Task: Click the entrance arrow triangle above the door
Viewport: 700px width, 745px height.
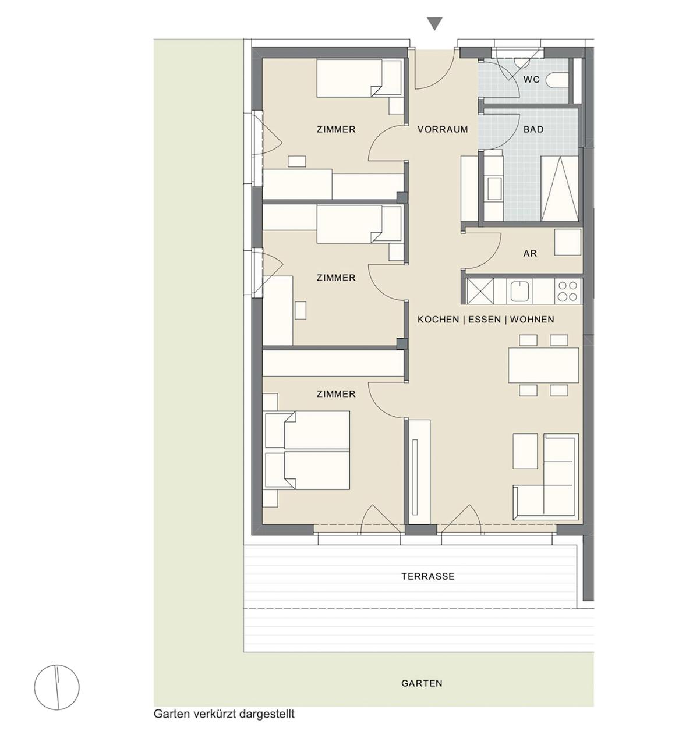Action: [x=435, y=23]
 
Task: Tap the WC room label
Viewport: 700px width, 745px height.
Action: [x=532, y=80]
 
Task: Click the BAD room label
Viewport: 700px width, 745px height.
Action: [x=533, y=129]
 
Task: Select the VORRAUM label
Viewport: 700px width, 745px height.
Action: [x=443, y=129]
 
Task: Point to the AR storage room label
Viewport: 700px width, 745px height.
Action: [x=530, y=254]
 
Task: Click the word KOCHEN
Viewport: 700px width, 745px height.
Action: [x=438, y=320]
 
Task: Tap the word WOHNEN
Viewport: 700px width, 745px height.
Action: [x=532, y=320]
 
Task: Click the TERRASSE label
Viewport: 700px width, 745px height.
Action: [x=428, y=576]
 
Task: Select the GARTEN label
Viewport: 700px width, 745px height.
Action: [x=422, y=683]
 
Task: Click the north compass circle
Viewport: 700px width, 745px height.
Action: [x=56, y=687]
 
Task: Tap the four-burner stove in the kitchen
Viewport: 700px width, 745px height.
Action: [x=567, y=291]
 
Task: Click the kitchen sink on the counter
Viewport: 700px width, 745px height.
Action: [x=519, y=291]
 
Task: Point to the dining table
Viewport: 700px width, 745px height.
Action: [x=543, y=365]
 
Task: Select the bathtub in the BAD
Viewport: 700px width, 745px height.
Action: [x=559, y=189]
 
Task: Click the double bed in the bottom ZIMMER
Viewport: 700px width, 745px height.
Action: [x=307, y=450]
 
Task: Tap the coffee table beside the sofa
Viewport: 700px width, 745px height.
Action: [x=525, y=451]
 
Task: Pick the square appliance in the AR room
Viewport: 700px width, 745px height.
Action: [x=567, y=242]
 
